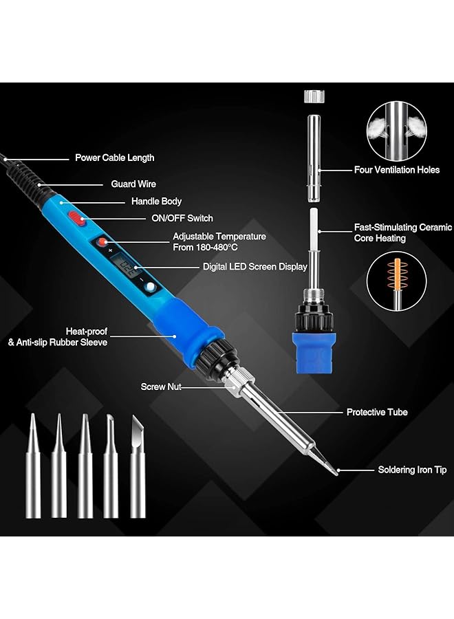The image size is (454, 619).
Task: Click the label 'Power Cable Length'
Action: point(114,158)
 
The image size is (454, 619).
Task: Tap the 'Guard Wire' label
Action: point(133,184)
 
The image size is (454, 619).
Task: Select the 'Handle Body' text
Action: point(156,202)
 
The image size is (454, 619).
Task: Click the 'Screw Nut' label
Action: point(161,387)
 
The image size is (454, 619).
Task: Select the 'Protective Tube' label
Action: point(377,412)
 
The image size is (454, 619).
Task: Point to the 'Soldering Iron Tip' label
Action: point(412,470)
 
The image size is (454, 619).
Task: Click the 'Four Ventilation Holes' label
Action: point(396,170)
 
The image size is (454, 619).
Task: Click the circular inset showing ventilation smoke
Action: point(396,130)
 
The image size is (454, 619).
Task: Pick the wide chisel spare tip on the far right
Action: point(138,468)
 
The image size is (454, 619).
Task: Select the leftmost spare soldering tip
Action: point(33,468)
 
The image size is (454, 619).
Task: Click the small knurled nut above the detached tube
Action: point(313,95)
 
